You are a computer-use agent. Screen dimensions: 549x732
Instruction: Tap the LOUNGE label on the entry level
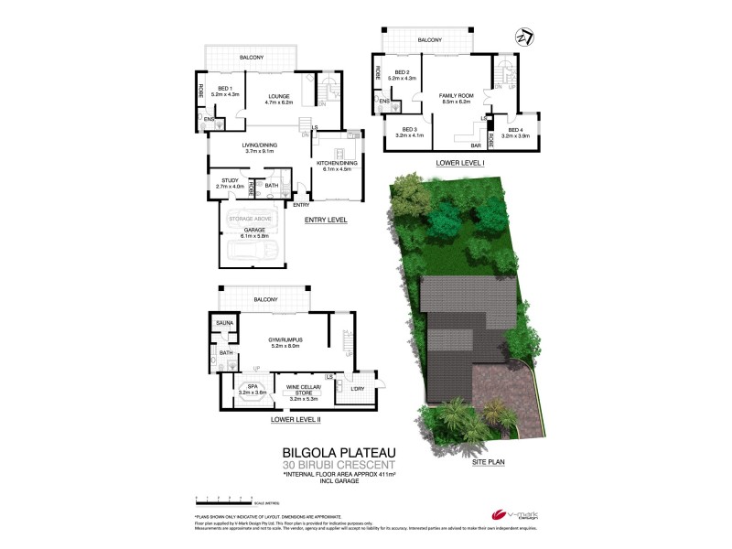pos(279,96)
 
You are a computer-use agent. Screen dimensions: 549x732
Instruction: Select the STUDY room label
pos(230,180)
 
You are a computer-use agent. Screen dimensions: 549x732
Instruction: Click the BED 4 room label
pos(516,131)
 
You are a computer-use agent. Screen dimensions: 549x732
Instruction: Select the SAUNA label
pos(225,323)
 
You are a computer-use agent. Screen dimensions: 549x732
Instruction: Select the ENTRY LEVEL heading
pos(327,220)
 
